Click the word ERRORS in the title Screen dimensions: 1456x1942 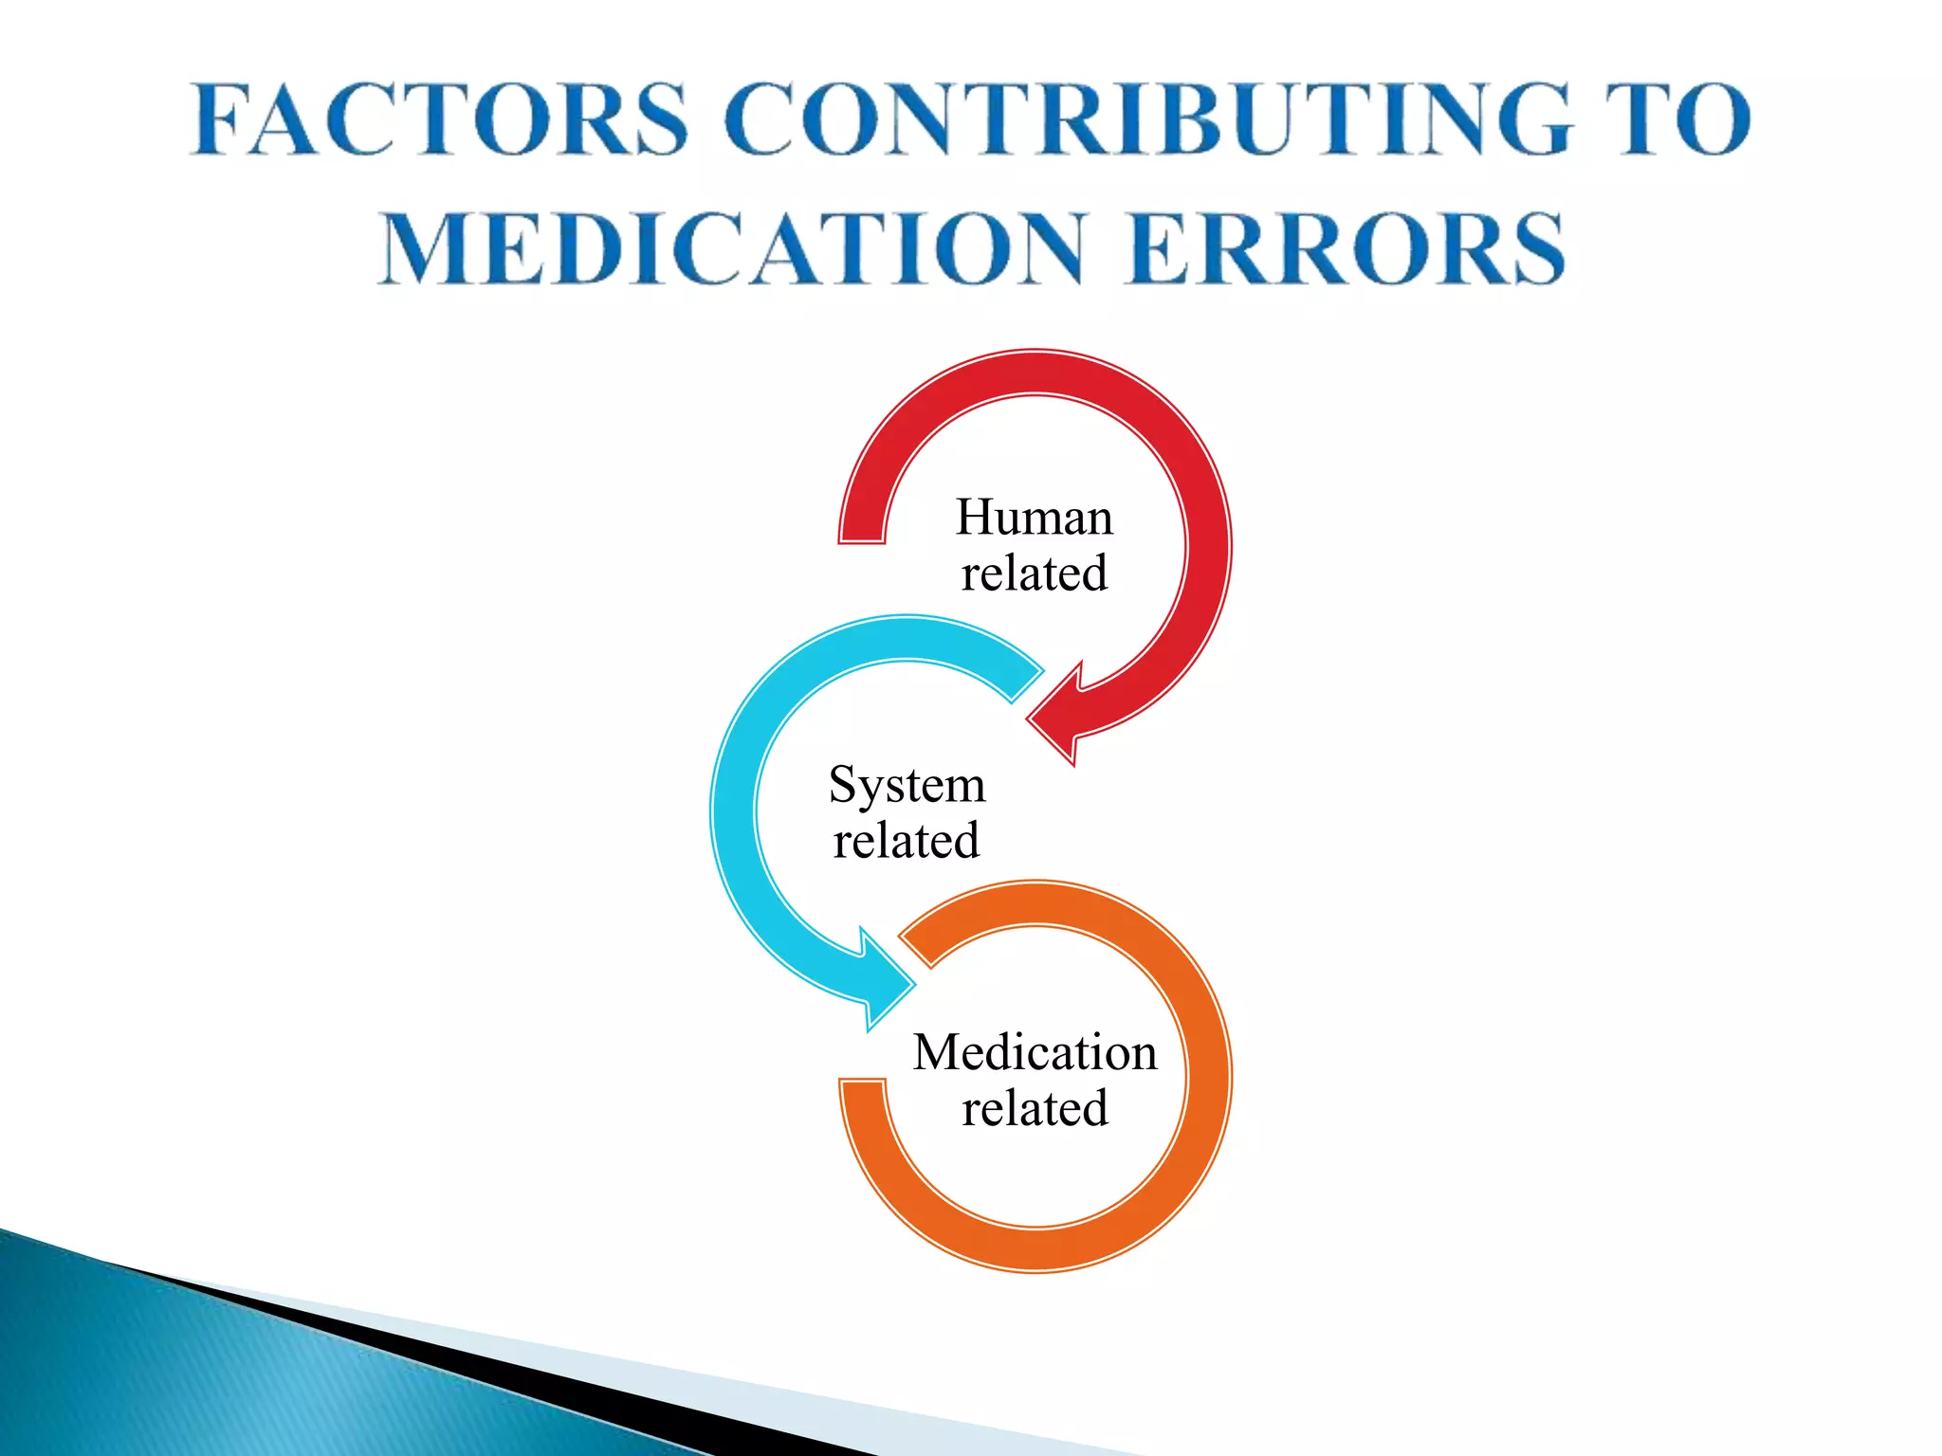pos(1347,248)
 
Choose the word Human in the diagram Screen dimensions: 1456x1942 pos(1034,518)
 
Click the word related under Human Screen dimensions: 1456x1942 pos(1034,573)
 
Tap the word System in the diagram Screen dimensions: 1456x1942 pos(907,785)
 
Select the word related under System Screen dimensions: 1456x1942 pos(907,841)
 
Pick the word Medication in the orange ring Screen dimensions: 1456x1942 pos(1035,1052)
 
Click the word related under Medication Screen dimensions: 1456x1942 pos(1035,1108)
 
